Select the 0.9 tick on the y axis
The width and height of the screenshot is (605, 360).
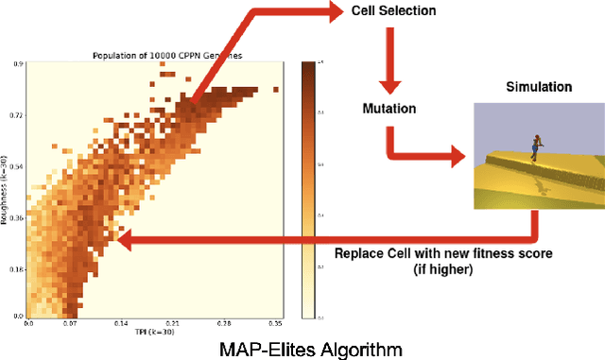pyautogui.click(x=20, y=63)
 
